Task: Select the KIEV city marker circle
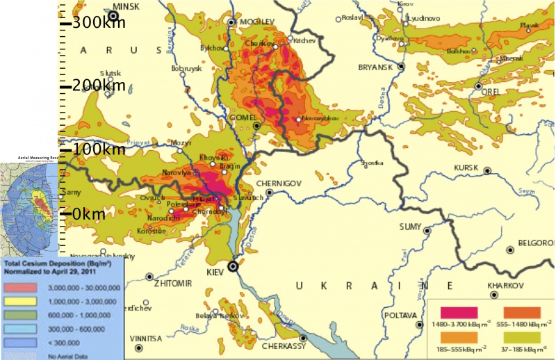[234, 265]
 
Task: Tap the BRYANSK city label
[376, 67]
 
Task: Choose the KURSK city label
[466, 168]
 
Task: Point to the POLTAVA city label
[400, 315]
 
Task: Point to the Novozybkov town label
[320, 119]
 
